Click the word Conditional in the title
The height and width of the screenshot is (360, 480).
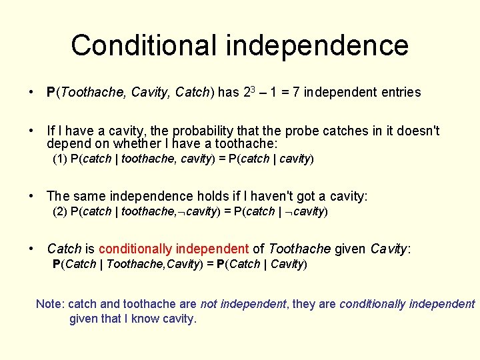click(144, 45)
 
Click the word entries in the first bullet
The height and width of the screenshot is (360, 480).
click(401, 93)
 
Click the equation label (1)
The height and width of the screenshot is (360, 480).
click(60, 159)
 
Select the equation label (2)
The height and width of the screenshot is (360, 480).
click(60, 211)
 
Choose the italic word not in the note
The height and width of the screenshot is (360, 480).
click(209, 304)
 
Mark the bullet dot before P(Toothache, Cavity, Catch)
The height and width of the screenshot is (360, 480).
click(32, 93)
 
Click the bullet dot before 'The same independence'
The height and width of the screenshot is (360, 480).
click(32, 196)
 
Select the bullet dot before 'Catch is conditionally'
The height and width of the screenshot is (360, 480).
click(32, 249)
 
